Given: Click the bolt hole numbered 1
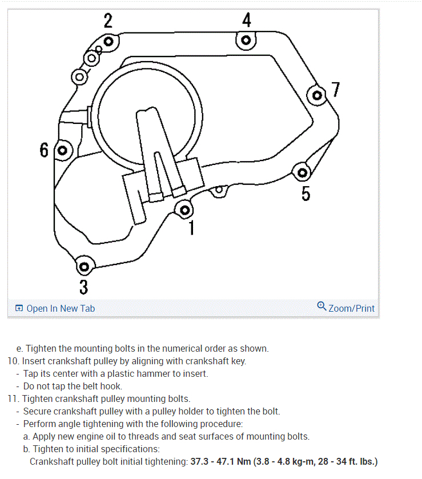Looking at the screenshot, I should (184, 210).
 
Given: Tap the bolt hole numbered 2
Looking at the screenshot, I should (107, 41).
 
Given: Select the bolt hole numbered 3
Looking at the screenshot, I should (84, 266).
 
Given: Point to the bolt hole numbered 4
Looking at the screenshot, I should (246, 41).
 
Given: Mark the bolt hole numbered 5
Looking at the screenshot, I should (303, 172).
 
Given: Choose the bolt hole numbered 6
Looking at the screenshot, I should (63, 151).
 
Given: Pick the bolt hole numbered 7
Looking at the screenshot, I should (317, 95).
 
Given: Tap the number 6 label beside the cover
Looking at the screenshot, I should (45, 151).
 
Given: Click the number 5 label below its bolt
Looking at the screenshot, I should (306, 194).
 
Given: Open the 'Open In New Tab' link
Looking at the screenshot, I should (61, 308).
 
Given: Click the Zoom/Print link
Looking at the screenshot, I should (352, 308).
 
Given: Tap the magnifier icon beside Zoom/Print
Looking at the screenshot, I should (321, 307).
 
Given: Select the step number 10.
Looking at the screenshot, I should (13, 361).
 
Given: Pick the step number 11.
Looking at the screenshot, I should (13, 399).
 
